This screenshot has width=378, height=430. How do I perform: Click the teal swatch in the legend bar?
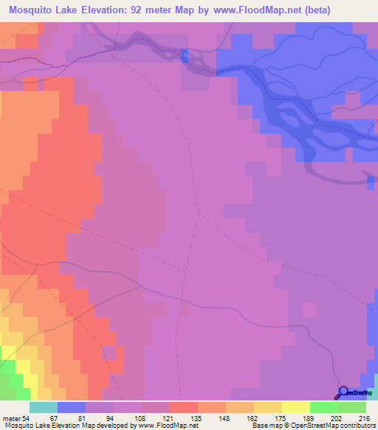43,407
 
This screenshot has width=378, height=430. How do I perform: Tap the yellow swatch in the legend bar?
295,407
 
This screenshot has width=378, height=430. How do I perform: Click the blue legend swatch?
71,407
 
